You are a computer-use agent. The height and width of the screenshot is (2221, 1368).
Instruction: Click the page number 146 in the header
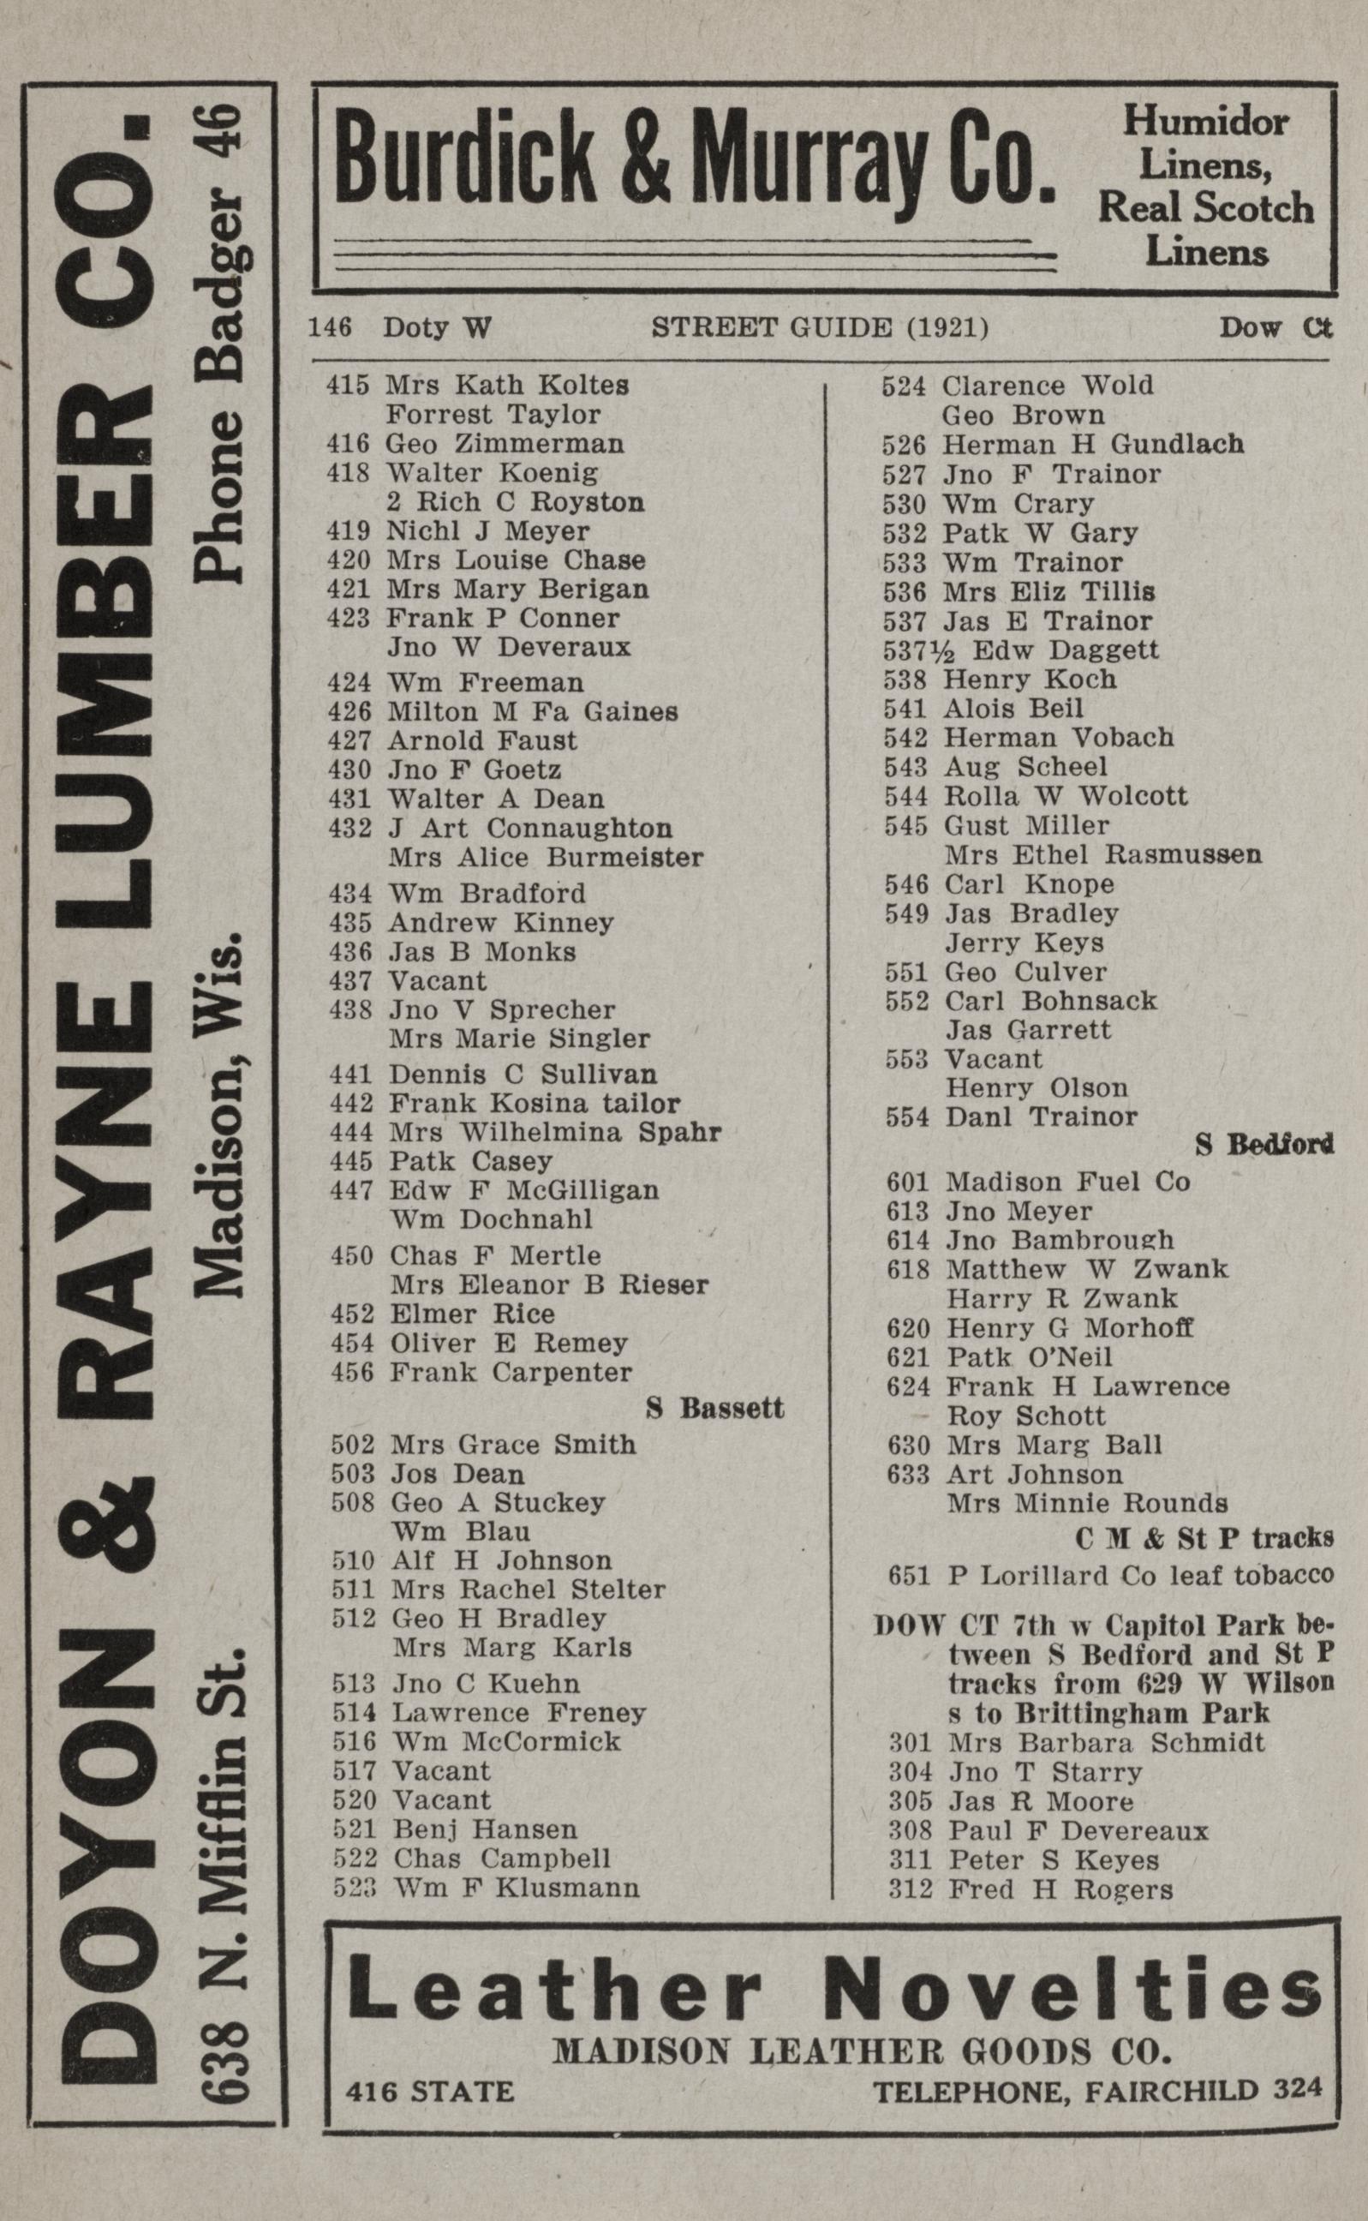point(329,326)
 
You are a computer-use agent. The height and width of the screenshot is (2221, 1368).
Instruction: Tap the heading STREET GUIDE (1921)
point(820,326)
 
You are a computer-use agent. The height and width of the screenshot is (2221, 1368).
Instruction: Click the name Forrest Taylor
point(493,416)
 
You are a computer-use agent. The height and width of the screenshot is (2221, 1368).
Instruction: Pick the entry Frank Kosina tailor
point(534,1105)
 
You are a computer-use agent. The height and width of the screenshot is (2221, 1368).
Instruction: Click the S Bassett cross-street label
point(714,1409)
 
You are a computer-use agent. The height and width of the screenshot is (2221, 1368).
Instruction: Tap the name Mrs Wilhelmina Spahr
point(554,1133)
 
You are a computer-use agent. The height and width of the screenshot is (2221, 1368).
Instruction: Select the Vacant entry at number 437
point(437,981)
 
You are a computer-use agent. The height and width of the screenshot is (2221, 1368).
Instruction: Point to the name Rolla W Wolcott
point(1065,796)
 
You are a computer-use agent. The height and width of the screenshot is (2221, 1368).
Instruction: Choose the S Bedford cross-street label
point(1264,1146)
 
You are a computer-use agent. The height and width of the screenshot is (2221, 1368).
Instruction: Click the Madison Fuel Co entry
point(1067,1182)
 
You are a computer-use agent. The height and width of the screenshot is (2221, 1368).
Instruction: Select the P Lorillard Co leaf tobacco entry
point(1140,1576)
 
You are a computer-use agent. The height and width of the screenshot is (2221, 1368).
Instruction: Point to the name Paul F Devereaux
point(1078,1831)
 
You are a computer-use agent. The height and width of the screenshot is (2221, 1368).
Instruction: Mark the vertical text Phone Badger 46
point(220,344)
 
